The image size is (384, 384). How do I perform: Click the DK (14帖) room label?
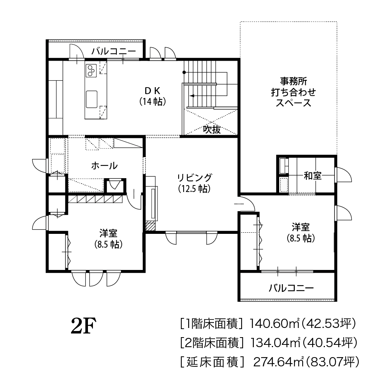[x=152, y=96]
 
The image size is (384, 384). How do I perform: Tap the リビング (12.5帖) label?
[x=194, y=183]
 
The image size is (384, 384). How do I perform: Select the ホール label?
[x=104, y=166]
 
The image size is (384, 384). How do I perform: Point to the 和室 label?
[x=313, y=176]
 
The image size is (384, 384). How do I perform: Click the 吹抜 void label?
[x=212, y=129]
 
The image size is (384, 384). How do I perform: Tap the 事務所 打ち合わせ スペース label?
[x=293, y=92]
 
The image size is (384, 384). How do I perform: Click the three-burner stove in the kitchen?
[x=91, y=70]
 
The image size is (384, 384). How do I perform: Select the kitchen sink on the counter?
[x=92, y=99]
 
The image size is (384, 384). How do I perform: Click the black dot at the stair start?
[x=184, y=72]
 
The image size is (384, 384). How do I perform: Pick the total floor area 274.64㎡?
[x=278, y=361]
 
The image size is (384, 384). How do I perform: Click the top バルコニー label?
[x=114, y=51]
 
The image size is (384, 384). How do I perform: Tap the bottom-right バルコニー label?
[x=291, y=288]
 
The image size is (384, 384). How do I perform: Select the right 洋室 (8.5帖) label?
[x=301, y=232]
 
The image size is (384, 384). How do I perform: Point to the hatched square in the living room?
[x=151, y=226]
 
